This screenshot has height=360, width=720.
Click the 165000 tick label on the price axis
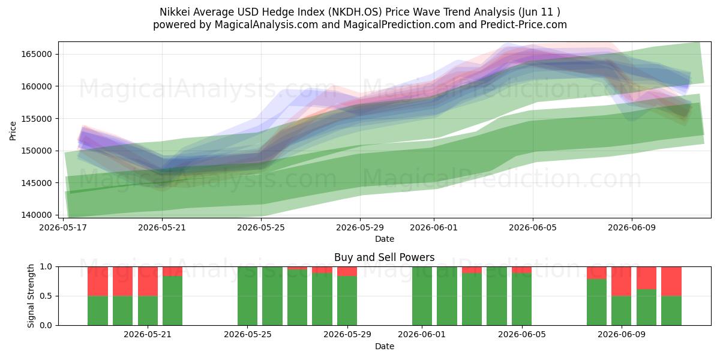(37, 54)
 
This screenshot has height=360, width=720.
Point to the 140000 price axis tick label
(37, 215)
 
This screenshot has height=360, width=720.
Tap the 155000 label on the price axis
(37, 119)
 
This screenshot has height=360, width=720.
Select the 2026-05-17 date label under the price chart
(63, 227)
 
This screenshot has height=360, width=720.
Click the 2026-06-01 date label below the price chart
(434, 227)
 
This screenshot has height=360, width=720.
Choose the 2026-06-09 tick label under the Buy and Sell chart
(622, 334)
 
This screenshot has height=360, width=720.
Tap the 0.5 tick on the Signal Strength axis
(46, 296)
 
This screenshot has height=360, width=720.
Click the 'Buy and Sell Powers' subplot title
(385, 257)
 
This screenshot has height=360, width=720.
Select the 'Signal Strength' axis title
(31, 296)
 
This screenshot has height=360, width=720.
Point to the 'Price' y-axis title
(13, 131)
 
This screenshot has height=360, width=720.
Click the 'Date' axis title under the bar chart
(385, 346)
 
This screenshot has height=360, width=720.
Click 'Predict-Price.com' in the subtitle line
(524, 25)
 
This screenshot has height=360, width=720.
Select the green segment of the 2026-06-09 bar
(622, 311)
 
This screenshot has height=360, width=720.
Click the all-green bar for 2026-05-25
(247, 296)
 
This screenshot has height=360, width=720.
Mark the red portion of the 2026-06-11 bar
(671, 281)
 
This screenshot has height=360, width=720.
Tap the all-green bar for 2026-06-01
(422, 296)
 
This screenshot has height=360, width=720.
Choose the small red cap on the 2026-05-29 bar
(347, 271)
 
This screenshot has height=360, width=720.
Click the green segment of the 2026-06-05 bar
(521, 299)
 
